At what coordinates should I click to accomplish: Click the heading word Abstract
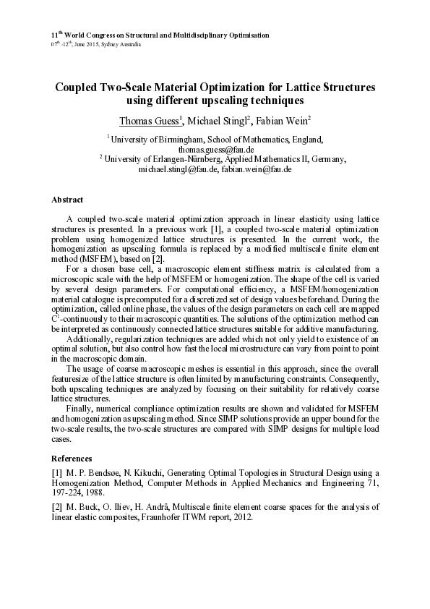pos(67,200)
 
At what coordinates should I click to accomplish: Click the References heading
pos(72,458)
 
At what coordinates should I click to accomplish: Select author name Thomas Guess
pos(150,120)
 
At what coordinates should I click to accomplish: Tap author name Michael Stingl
pos(217,120)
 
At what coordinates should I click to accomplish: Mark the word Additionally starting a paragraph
pos(90,338)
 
